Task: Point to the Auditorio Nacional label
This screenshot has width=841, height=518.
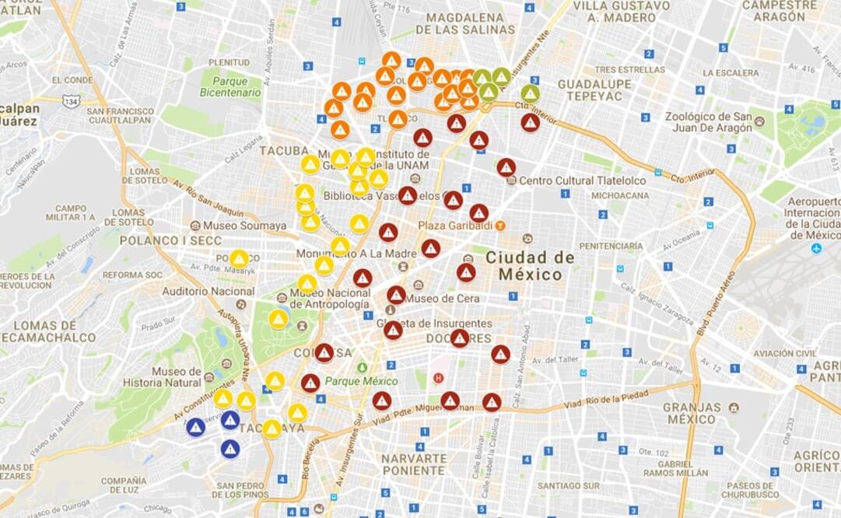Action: pyautogui.click(x=208, y=291)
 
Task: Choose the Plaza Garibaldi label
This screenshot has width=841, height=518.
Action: pyautogui.click(x=455, y=226)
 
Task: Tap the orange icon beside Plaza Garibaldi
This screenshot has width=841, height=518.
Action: pyautogui.click(x=500, y=226)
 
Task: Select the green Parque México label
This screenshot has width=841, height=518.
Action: pyautogui.click(x=361, y=381)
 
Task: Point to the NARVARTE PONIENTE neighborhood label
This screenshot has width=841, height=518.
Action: pyautogui.click(x=413, y=464)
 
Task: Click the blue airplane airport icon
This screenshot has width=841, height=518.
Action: pyautogui.click(x=816, y=248)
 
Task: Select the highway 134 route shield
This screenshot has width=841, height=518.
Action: pyautogui.click(x=72, y=101)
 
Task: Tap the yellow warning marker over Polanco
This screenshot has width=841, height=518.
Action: pyautogui.click(x=239, y=258)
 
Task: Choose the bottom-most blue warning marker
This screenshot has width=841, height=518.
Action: pyautogui.click(x=230, y=449)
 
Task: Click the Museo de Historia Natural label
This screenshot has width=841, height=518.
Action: pyautogui.click(x=177, y=376)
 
